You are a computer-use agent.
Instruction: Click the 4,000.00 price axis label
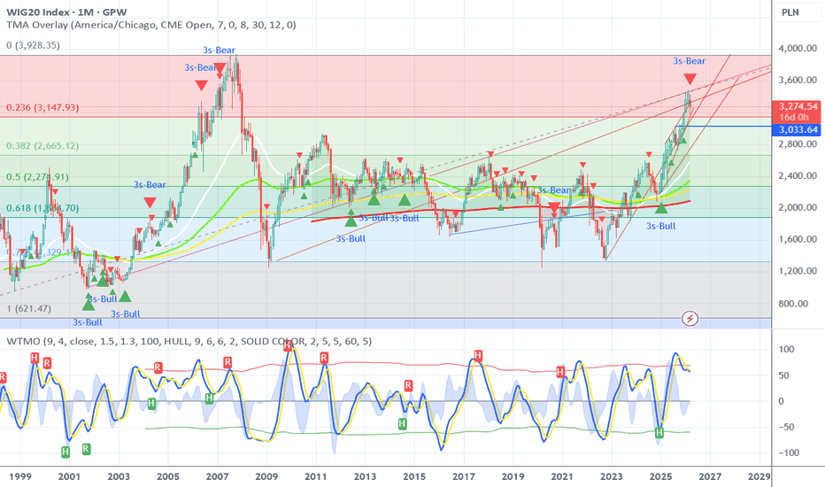coord(796,49)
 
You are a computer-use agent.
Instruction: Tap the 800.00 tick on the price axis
coord(796,303)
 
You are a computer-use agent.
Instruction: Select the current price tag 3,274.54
coord(799,106)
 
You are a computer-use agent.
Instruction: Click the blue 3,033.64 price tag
coord(799,129)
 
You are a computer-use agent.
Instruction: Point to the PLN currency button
coord(790,12)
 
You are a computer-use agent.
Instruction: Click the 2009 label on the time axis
coord(267,476)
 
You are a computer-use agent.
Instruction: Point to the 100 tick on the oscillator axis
coord(784,350)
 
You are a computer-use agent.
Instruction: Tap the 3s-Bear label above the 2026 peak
coord(690,60)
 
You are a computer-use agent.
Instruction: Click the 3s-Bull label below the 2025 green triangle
coord(662,226)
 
